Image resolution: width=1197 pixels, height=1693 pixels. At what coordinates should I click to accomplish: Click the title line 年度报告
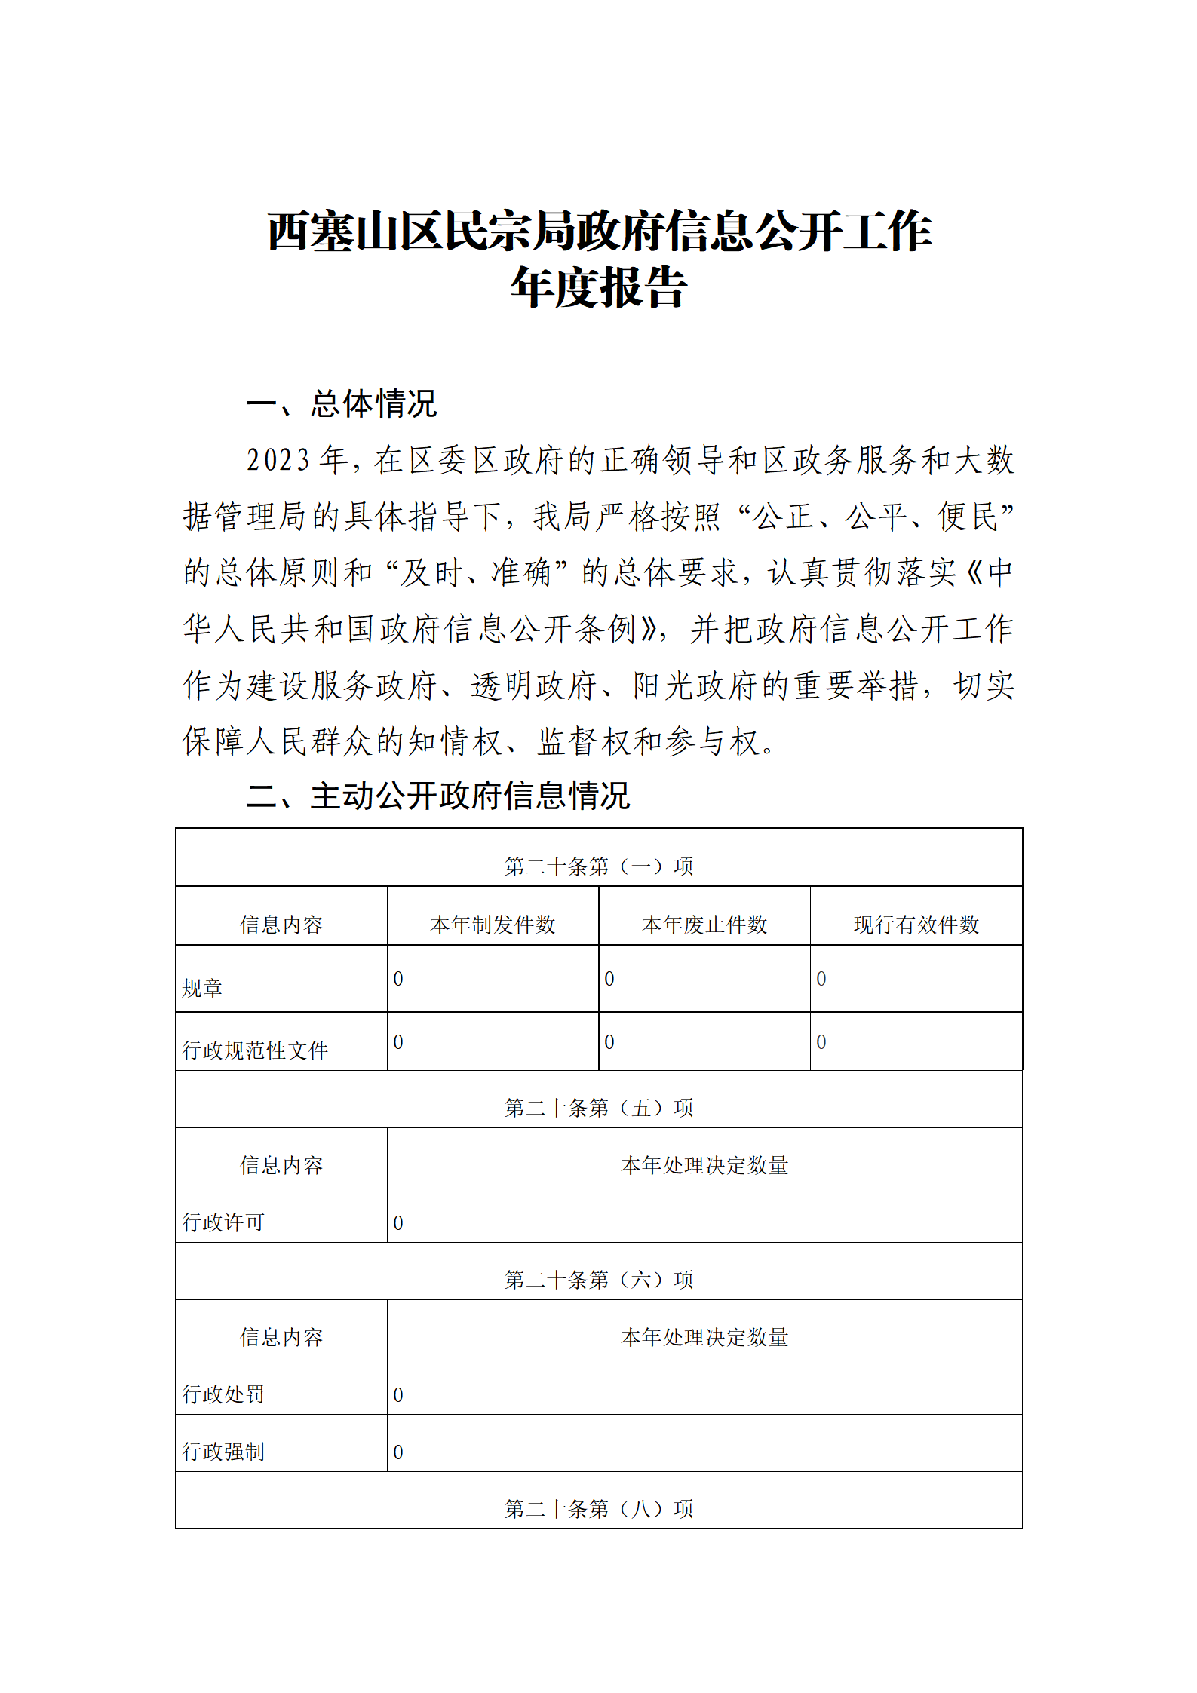pyautogui.click(x=598, y=287)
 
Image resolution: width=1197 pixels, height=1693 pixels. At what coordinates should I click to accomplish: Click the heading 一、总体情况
pyautogui.click(x=342, y=403)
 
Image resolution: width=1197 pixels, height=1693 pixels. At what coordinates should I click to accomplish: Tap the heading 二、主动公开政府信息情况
pyautogui.click(x=438, y=796)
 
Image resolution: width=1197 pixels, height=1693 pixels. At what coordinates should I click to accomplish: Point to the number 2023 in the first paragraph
pyautogui.click(x=278, y=460)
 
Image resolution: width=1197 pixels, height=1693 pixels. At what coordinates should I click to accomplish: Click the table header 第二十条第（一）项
pyautogui.click(x=598, y=866)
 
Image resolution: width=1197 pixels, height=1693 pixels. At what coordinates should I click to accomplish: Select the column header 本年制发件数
pyautogui.click(x=493, y=925)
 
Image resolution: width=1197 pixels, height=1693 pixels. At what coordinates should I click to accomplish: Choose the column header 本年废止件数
pyautogui.click(x=704, y=925)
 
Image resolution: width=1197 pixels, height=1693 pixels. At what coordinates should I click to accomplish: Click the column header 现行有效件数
pyautogui.click(x=916, y=925)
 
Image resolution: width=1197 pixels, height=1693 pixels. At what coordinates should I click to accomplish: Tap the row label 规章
pyautogui.click(x=202, y=988)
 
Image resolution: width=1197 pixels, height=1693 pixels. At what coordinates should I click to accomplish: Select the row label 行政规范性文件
pyautogui.click(x=255, y=1050)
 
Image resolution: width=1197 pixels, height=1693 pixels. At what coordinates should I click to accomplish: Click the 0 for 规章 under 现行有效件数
pyautogui.click(x=821, y=979)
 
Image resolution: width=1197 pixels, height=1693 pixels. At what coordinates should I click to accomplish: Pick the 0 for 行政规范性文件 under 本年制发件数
pyautogui.click(x=398, y=1042)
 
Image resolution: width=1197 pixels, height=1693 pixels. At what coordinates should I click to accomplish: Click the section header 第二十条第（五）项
pyautogui.click(x=598, y=1108)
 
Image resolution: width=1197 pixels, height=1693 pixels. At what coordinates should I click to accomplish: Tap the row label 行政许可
pyautogui.click(x=223, y=1222)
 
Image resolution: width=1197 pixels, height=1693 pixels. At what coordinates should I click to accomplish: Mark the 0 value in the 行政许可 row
pyautogui.click(x=398, y=1223)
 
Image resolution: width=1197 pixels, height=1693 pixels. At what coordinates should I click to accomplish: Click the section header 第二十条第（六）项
pyautogui.click(x=598, y=1280)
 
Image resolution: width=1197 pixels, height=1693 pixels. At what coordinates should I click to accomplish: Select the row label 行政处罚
pyautogui.click(x=223, y=1394)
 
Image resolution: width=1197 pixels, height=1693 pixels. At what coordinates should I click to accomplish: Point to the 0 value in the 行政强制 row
pyautogui.click(x=398, y=1452)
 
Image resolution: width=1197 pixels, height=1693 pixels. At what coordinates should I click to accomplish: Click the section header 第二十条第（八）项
pyautogui.click(x=598, y=1509)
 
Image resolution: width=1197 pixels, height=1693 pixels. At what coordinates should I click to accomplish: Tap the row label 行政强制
pyautogui.click(x=223, y=1452)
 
